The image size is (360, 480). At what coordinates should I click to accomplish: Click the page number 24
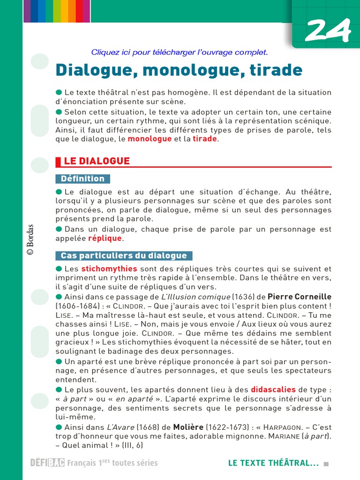pyautogui.click(x=328, y=31)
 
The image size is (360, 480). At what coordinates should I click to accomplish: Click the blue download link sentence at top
pyautogui.click(x=180, y=52)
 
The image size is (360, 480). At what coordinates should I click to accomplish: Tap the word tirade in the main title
pyautogui.click(x=274, y=70)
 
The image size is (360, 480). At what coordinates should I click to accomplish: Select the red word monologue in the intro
pyautogui.click(x=150, y=139)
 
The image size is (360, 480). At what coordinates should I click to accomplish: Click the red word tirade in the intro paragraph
pyautogui.click(x=205, y=139)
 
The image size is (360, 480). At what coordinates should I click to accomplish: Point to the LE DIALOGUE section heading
pyautogui.click(x=97, y=161)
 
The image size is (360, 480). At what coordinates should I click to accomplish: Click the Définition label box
pyautogui.click(x=82, y=179)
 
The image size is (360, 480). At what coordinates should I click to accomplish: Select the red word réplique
pyautogui.click(x=105, y=238)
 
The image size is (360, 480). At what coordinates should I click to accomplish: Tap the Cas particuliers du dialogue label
pyautogui.click(x=124, y=255)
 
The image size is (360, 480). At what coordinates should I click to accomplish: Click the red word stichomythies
pyautogui.click(x=109, y=269)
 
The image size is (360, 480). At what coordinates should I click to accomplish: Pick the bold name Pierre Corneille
pyautogui.click(x=299, y=297)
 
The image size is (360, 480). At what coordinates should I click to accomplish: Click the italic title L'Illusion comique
pyautogui.click(x=195, y=297)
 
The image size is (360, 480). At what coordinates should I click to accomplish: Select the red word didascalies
pyautogui.click(x=273, y=390)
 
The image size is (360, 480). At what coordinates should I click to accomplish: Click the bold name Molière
pyautogui.click(x=188, y=427)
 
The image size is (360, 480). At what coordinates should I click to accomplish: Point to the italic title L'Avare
pyautogui.click(x=121, y=427)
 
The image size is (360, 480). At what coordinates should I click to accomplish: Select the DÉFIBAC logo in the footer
pyautogui.click(x=47, y=463)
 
